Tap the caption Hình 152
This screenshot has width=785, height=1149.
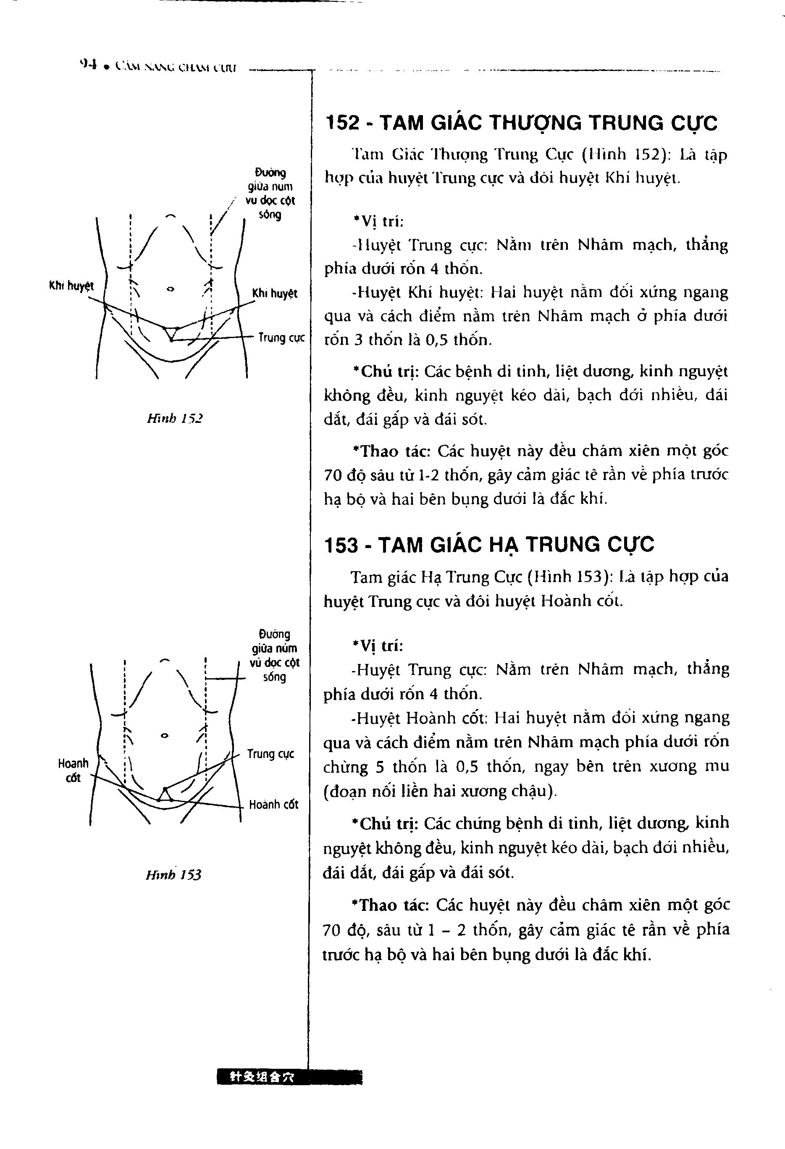coord(175,419)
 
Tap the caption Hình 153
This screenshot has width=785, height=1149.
coord(173,875)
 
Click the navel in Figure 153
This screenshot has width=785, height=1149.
coord(165,735)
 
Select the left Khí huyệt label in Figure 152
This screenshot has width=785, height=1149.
coord(71,285)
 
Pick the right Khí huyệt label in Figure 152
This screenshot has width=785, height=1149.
coord(275,293)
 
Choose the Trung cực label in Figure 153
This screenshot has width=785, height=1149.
coord(270,754)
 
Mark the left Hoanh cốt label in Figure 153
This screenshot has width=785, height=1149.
coord(73,770)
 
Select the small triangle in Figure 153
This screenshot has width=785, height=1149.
coord(165,794)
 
